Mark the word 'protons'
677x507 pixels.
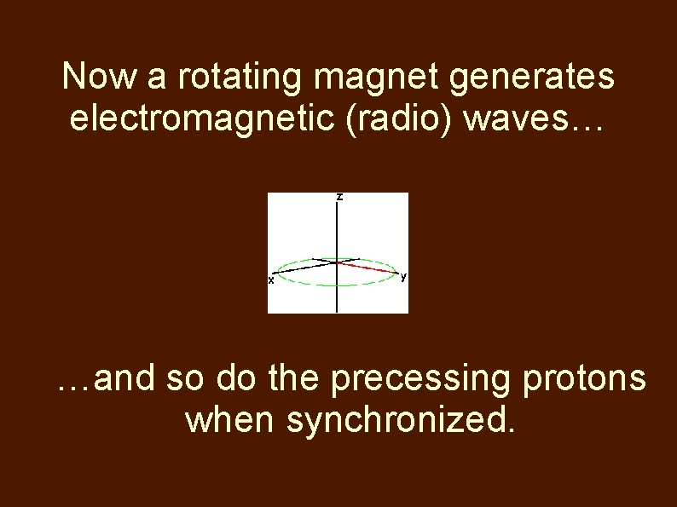[x=588, y=381]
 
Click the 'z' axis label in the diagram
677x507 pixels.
[x=339, y=197]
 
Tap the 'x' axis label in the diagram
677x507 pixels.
[x=271, y=279]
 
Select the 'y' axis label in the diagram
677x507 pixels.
[x=403, y=276]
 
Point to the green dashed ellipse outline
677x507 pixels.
[x=338, y=287]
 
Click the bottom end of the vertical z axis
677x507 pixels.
[x=338, y=310]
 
